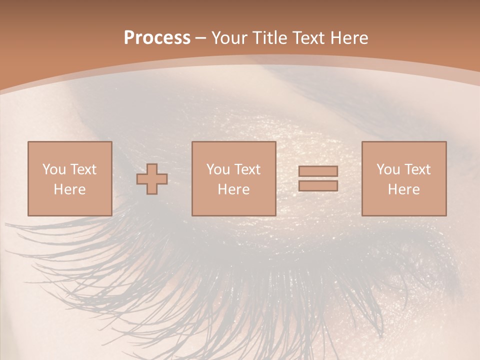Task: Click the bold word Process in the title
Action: click(x=157, y=38)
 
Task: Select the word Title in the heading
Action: click(x=270, y=38)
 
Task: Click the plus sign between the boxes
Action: click(x=152, y=179)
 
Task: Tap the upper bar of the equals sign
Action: click(x=318, y=171)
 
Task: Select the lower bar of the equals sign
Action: click(x=318, y=185)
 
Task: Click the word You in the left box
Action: click(x=53, y=169)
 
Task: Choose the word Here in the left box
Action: click(x=69, y=189)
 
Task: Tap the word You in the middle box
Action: click(x=218, y=169)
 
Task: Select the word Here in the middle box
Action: click(x=233, y=189)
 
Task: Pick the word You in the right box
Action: click(x=388, y=169)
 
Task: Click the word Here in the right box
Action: click(x=403, y=189)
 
